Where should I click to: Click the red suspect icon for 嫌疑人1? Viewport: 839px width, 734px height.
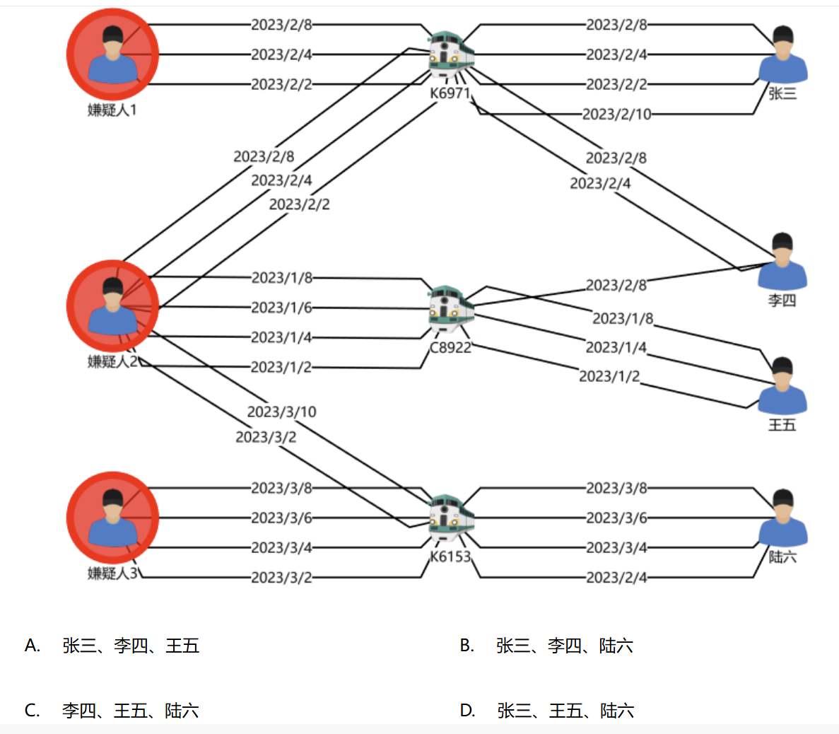tap(112, 54)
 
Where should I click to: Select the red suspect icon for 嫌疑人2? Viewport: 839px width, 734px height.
tap(112, 306)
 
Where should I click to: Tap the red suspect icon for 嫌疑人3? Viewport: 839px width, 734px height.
tap(112, 518)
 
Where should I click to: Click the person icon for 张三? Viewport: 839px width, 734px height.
tap(783, 54)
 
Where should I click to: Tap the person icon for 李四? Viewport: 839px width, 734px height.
tap(782, 261)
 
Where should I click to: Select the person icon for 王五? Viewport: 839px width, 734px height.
tap(782, 385)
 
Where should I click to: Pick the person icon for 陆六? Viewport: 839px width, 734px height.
tap(783, 518)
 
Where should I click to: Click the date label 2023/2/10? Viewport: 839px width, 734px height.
tap(616, 114)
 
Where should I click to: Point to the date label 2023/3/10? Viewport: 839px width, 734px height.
tap(281, 412)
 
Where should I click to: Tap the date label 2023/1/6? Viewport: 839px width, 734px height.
tap(281, 308)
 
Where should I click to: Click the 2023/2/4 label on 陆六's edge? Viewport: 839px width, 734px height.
tap(616, 578)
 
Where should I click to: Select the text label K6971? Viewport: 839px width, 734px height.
tap(450, 93)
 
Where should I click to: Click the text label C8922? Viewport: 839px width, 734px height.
tap(450, 347)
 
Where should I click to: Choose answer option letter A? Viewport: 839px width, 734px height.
tap(32, 645)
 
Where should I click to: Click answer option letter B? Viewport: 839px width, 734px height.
tap(467, 645)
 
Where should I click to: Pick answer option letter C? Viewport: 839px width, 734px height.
tap(32, 711)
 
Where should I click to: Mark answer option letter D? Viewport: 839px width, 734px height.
tap(467, 711)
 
